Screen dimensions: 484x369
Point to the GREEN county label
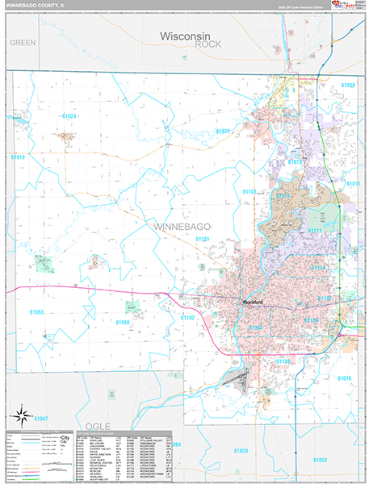[23, 42]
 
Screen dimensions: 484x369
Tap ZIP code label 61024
[69, 116]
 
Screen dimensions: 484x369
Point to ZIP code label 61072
[224, 130]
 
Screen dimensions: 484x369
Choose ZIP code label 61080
[348, 85]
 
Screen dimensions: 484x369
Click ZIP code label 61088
[123, 322]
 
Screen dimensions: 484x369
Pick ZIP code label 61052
[320, 459]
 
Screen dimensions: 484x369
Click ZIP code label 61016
[344, 378]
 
